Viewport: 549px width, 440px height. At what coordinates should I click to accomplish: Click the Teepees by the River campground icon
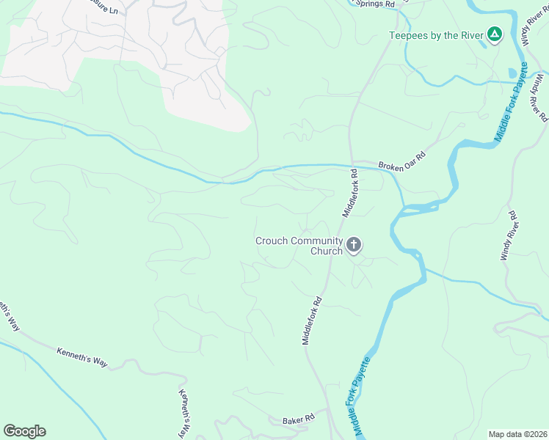pos(495,34)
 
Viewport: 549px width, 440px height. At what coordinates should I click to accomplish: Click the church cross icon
pos(354,245)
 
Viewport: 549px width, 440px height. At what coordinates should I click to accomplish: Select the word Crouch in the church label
pos(272,241)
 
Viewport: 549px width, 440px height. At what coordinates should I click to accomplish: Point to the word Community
pos(317,241)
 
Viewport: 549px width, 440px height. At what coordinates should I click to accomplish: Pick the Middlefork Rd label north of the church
pos(349,193)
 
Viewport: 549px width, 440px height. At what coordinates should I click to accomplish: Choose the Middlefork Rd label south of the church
pos(313,320)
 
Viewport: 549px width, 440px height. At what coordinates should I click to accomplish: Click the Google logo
pos(24,431)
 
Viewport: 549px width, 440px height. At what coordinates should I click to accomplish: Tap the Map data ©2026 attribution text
pos(517,434)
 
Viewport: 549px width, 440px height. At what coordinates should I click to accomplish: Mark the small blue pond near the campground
pos(512,73)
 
